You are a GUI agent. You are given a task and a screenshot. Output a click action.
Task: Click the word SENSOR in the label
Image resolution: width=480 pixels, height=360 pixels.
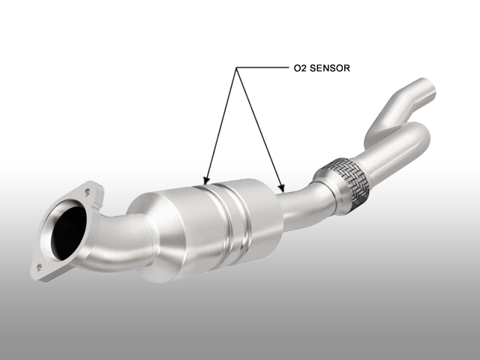point(330,68)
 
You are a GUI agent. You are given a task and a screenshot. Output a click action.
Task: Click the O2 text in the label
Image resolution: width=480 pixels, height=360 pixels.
point(300,68)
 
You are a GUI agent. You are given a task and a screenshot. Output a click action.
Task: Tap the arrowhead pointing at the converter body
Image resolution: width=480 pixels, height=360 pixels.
point(207,181)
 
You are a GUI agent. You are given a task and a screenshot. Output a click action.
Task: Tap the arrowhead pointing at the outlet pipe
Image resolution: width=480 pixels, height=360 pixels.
point(282,188)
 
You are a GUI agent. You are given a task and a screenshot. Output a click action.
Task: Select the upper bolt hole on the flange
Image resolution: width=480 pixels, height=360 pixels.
point(88,192)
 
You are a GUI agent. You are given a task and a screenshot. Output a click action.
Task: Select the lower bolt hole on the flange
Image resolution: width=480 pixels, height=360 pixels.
point(39,267)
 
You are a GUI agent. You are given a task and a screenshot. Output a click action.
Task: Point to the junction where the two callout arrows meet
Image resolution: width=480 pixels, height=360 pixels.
point(236,67)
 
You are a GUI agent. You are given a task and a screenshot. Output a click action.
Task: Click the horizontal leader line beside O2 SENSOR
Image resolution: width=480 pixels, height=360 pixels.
point(262,67)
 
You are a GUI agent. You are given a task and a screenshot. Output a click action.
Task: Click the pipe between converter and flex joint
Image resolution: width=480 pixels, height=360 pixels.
point(303,208)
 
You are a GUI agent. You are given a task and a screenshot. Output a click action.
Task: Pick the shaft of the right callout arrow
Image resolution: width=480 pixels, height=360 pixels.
point(259,128)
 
